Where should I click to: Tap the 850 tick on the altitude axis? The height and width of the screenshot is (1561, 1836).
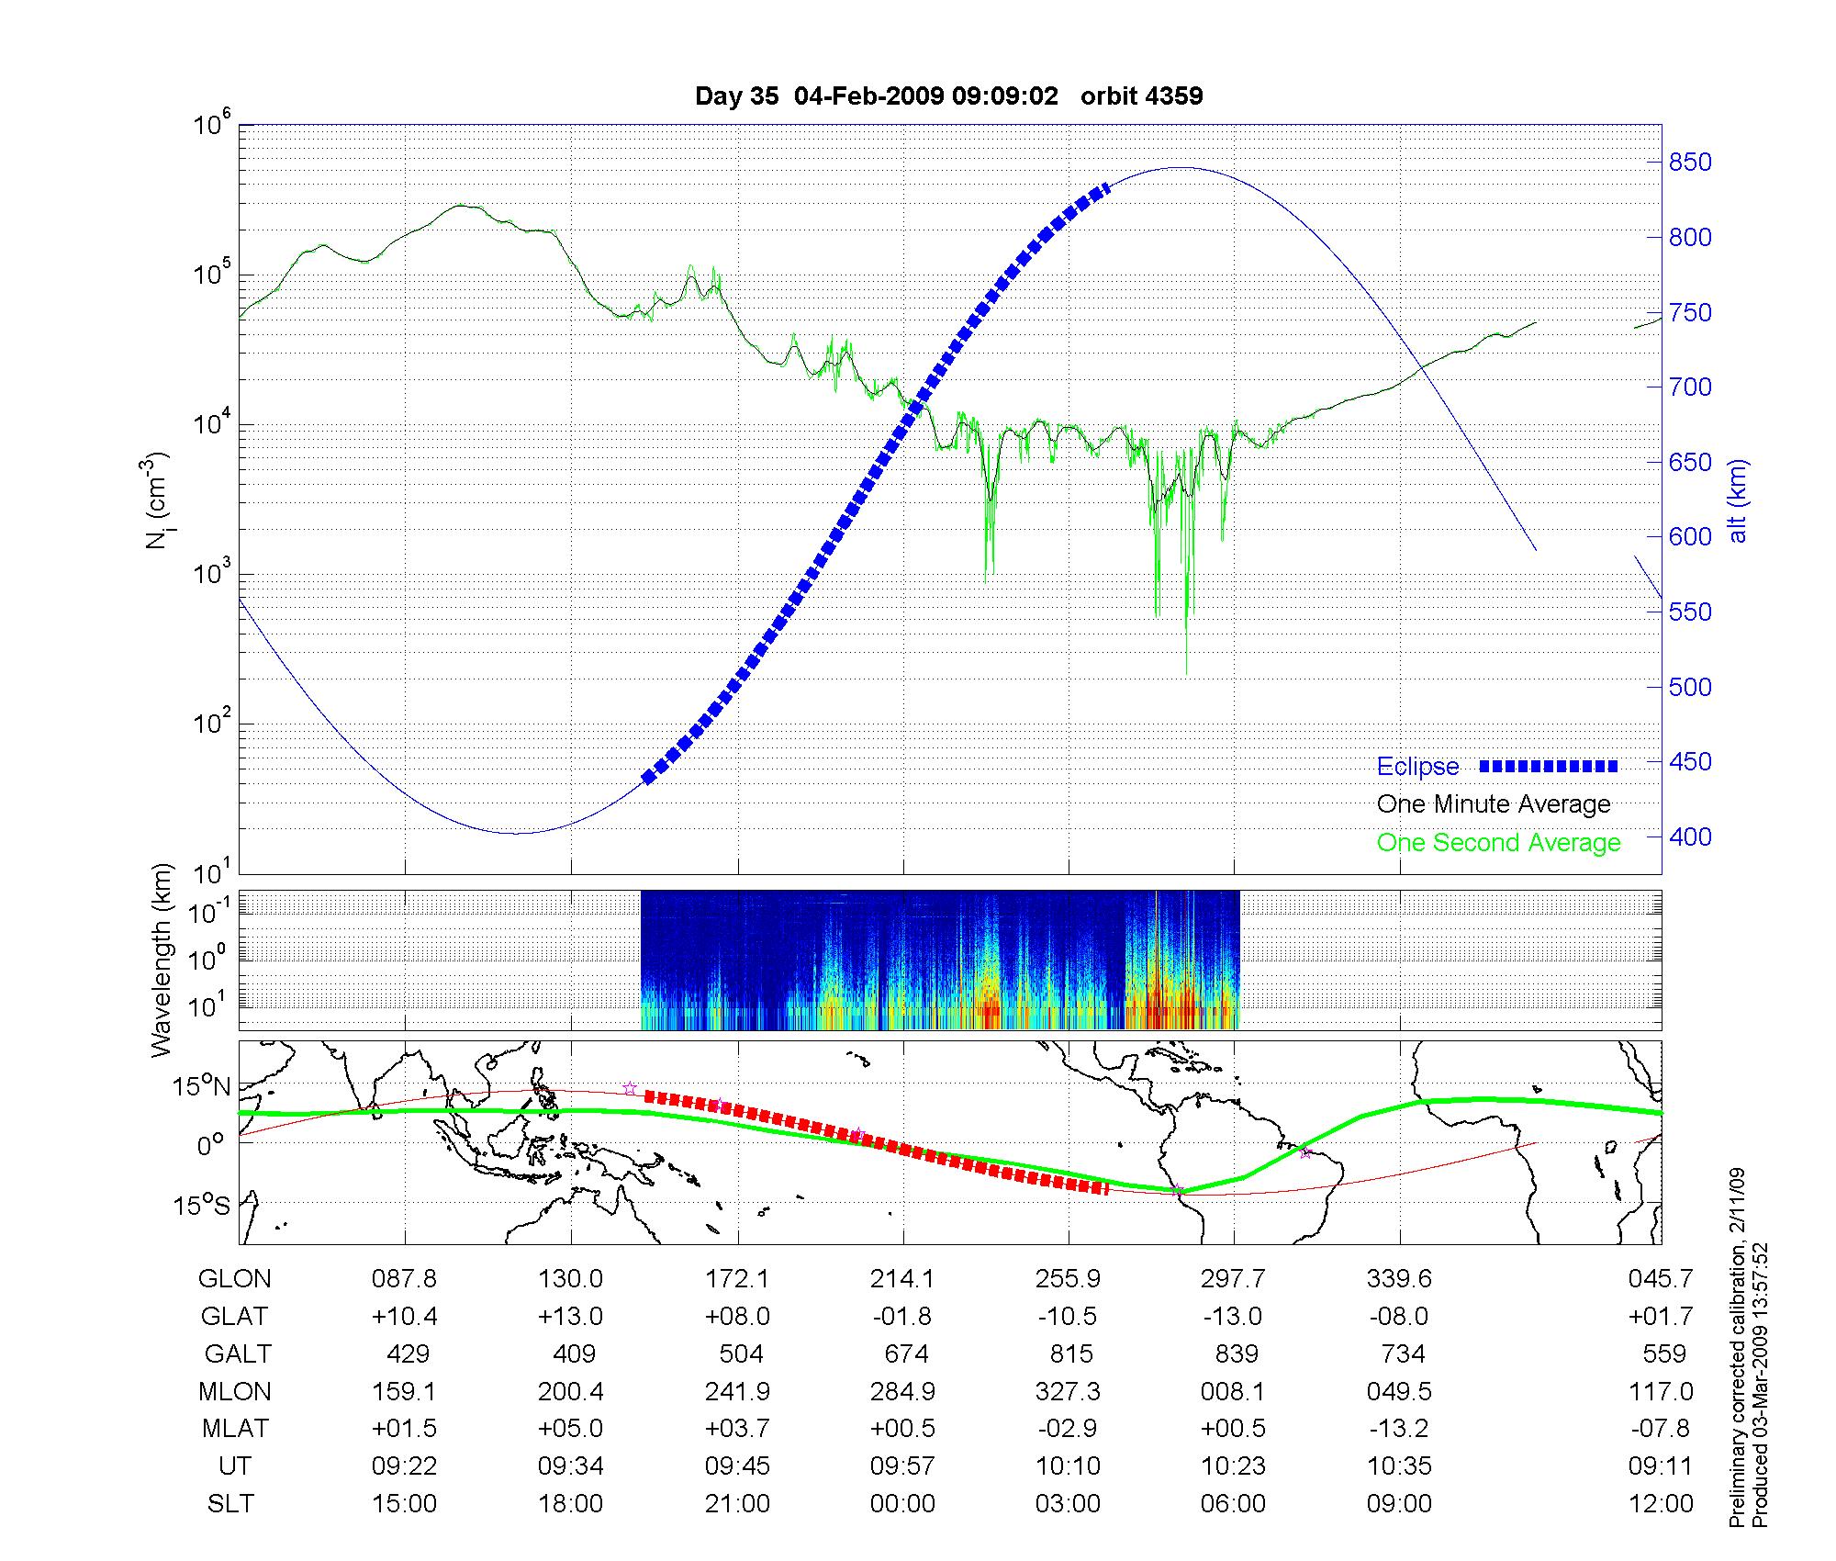(1690, 163)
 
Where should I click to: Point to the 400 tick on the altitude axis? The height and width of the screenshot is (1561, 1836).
(1690, 837)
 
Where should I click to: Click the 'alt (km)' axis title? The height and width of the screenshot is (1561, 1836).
(1738, 500)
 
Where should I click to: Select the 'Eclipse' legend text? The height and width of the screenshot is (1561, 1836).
(1417, 767)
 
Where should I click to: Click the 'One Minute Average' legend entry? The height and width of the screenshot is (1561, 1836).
(1494, 804)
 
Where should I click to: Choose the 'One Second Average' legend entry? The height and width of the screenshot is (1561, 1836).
(1498, 843)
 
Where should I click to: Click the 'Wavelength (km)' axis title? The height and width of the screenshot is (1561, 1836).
(162, 960)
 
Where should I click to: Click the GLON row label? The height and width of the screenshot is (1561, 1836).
(234, 1279)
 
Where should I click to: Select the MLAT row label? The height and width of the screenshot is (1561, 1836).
(235, 1429)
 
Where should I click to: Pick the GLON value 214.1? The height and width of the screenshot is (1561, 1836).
(903, 1279)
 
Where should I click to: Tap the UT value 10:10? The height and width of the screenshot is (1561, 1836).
(1069, 1466)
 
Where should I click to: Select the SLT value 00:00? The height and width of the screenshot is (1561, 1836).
(903, 1504)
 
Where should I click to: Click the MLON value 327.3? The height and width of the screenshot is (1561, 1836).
(1068, 1391)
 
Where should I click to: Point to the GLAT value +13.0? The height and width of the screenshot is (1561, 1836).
(571, 1317)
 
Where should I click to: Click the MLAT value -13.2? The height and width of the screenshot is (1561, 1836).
(1399, 1429)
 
